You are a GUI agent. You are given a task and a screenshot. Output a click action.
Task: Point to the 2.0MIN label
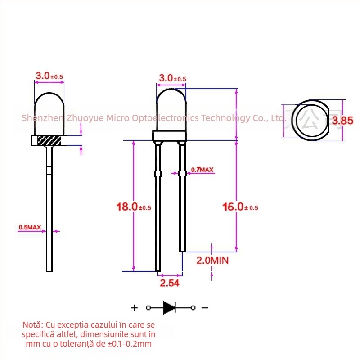coord(212,260)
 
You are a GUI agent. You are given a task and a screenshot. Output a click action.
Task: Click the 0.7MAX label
coord(202,170)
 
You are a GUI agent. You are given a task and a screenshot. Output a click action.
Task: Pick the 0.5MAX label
coord(30,228)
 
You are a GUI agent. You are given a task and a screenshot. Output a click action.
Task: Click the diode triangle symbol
coord(169,308)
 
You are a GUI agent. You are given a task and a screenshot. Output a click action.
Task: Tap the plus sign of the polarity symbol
coord(134,308)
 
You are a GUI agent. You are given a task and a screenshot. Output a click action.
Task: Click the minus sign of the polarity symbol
coord(204,308)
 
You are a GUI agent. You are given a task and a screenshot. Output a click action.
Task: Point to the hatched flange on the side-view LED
coord(49,140)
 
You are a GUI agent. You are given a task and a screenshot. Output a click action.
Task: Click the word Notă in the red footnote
coord(32,324)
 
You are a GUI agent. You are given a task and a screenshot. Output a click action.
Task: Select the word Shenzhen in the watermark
coord(43,118)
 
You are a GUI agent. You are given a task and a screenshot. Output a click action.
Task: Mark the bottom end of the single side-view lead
coord(49,270)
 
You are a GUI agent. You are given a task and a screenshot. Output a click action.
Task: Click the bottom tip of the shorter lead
coord(182,250)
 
